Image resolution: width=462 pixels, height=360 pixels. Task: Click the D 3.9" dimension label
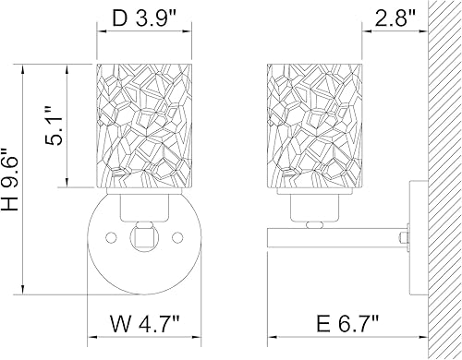click(144, 18)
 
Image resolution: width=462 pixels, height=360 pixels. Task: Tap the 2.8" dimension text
click(395, 18)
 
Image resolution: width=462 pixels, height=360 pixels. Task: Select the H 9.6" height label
click(9, 180)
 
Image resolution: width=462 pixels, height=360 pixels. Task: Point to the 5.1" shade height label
click(54, 126)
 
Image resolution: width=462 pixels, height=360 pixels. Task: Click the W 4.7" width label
click(145, 324)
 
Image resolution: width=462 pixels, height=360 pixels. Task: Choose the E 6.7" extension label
click(347, 324)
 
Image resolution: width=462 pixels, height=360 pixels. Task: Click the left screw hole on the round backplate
click(111, 237)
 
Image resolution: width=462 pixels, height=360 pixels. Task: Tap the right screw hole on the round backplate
click(177, 237)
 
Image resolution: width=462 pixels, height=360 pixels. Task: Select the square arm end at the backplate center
click(145, 237)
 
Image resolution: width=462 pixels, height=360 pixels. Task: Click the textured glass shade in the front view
click(144, 126)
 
